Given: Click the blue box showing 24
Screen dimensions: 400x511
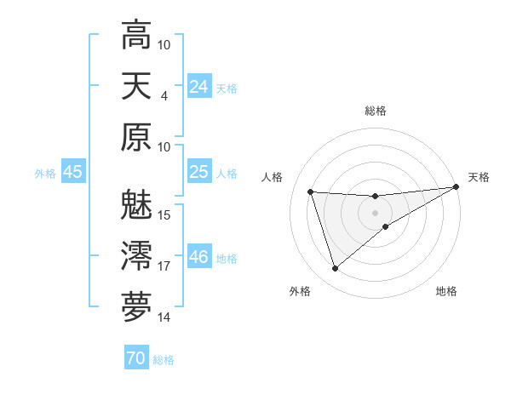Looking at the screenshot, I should pyautogui.click(x=198, y=86).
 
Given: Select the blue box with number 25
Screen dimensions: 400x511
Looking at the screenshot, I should pyautogui.click(x=198, y=172).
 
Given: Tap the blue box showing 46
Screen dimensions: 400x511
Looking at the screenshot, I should pyautogui.click(x=198, y=256).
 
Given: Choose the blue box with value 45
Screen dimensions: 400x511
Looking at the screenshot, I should pyautogui.click(x=72, y=172).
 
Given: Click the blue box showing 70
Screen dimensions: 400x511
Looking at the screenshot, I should pyautogui.click(x=135, y=358).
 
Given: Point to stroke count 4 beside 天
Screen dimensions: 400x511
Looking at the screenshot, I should pyautogui.click(x=164, y=95).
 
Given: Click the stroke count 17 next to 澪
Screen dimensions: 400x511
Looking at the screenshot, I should pyautogui.click(x=164, y=266).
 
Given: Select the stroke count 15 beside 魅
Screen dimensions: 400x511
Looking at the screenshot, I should pyautogui.click(x=164, y=214).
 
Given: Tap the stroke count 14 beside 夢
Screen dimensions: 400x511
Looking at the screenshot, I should pyautogui.click(x=164, y=317).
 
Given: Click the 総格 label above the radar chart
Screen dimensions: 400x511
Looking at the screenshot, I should pyautogui.click(x=375, y=111).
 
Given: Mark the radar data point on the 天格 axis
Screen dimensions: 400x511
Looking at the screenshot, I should pyautogui.click(x=456, y=187).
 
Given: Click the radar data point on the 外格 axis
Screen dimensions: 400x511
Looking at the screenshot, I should pyautogui.click(x=335, y=269).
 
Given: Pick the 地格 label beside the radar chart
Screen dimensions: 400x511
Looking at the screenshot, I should pyautogui.click(x=446, y=291).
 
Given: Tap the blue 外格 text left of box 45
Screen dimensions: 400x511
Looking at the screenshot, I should pyautogui.click(x=45, y=173).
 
